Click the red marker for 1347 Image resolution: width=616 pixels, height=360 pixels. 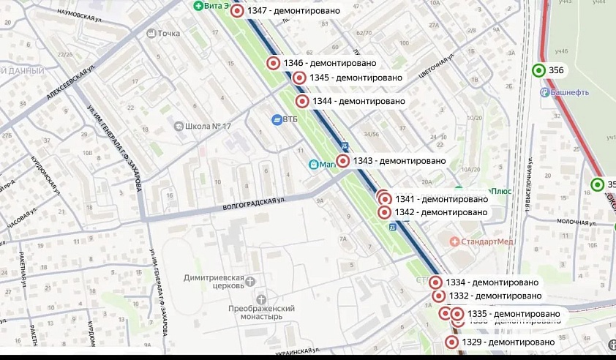coord(236,11)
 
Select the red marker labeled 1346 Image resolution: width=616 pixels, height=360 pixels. coord(274,63)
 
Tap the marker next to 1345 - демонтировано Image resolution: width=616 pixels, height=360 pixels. coord(298,78)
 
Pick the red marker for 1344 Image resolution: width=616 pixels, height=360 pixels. coord(301,101)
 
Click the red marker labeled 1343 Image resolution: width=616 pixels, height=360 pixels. coord(342,161)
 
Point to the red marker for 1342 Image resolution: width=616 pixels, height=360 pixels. coord(384,212)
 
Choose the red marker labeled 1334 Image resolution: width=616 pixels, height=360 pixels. coord(435,282)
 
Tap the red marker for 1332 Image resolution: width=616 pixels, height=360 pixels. coord(438,296)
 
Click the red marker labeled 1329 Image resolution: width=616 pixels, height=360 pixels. coord(451,342)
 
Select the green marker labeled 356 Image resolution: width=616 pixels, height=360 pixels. coord(538,70)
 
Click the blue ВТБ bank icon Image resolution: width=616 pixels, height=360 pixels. coord(277,120)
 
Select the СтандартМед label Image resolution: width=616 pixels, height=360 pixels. coord(486,241)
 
